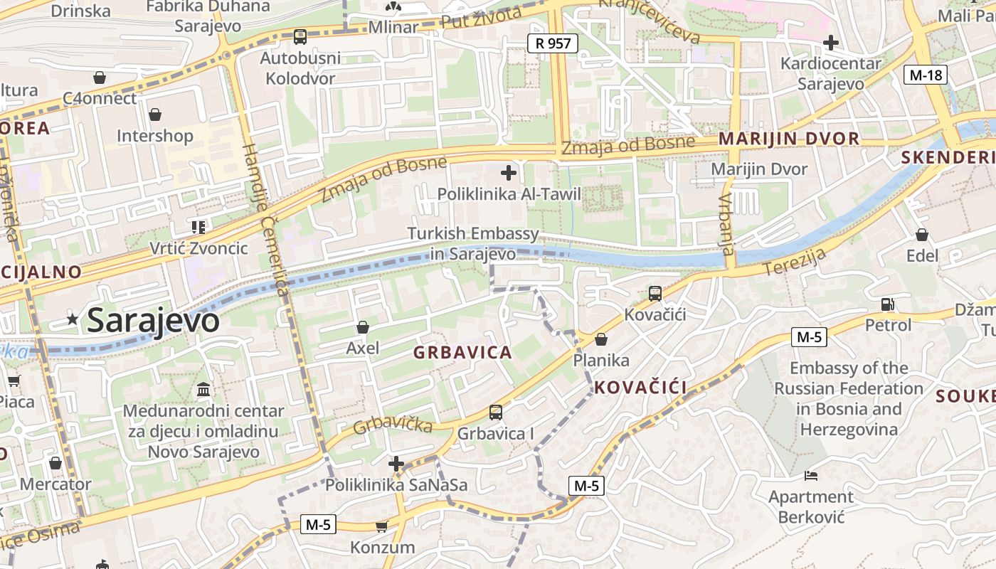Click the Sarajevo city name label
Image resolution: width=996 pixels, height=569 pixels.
[153, 321]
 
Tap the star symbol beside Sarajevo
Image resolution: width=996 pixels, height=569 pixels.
[73, 320]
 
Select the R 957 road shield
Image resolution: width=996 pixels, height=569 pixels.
[553, 43]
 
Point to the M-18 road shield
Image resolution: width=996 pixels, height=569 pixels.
[926, 75]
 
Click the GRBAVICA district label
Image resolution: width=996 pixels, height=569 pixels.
[462, 352]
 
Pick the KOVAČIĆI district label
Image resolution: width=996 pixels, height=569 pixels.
[640, 388]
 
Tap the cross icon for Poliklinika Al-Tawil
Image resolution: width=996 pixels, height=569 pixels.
[509, 172]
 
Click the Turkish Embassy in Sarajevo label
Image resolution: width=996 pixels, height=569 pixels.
[473, 243]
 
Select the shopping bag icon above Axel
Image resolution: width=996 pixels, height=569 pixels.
[363, 327]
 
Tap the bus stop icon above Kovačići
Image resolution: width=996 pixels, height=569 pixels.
[655, 293]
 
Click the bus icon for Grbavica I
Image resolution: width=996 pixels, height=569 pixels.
[495, 413]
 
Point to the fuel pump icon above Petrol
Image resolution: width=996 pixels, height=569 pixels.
[888, 304]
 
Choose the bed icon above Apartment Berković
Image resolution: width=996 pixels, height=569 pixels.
[811, 475]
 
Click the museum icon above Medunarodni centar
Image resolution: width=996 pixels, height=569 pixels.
[203, 390]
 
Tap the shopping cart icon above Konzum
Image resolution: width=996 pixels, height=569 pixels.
[381, 527]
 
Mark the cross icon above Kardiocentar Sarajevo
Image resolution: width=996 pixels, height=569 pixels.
[830, 43]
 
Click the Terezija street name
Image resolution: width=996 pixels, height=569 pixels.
[795, 262]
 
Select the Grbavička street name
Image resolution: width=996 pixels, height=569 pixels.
[393, 425]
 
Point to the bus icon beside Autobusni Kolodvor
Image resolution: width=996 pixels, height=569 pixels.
[300, 36]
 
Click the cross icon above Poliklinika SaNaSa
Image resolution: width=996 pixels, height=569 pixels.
[396, 464]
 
